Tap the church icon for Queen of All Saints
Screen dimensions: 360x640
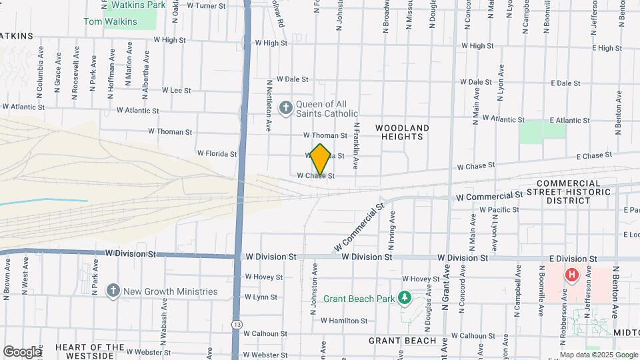click(x=286, y=107)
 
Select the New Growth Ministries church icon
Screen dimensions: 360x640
click(x=113, y=291)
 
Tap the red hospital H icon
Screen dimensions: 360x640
click(x=571, y=275)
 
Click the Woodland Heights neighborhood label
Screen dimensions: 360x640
click(x=401, y=131)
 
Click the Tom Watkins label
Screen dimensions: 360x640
click(x=110, y=21)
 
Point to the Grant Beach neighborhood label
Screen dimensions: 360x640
click(x=403, y=341)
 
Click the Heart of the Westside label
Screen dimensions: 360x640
click(x=90, y=351)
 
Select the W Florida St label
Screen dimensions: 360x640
click(x=217, y=153)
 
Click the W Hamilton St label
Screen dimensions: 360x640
click(x=344, y=321)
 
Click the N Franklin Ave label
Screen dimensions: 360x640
click(x=357, y=145)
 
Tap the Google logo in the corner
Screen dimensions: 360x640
click(x=21, y=351)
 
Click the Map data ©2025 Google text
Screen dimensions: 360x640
click(x=598, y=355)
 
